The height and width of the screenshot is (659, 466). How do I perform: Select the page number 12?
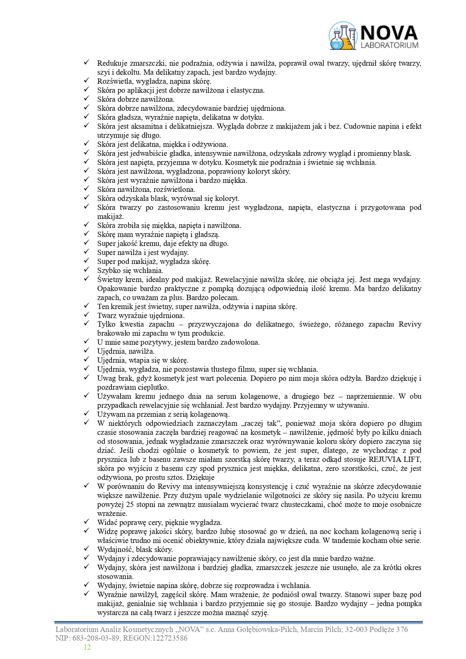tap(87, 647)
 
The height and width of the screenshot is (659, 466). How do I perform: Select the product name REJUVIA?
tap(384, 460)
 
